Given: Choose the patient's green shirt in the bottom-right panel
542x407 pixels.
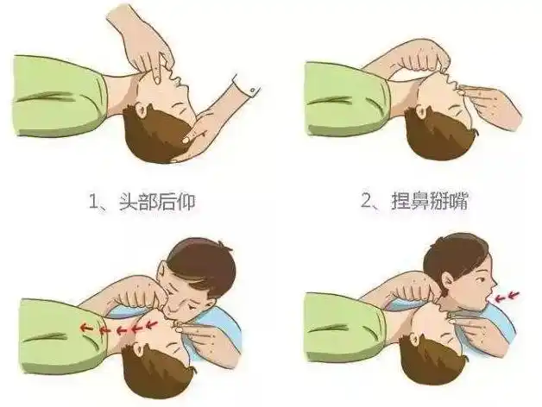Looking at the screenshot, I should (x=337, y=332).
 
